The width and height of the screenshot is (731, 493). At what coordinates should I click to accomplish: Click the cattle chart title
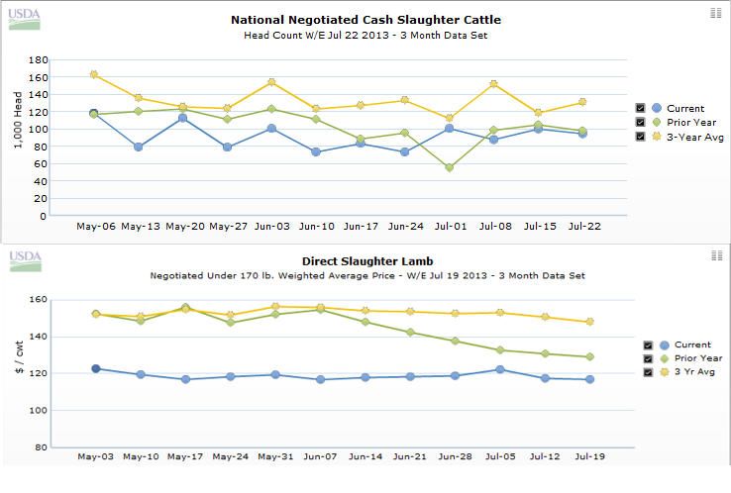click(x=365, y=20)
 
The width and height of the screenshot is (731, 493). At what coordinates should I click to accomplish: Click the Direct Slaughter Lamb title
click(x=366, y=261)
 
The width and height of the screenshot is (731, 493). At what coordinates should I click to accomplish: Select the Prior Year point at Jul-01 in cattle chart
click(x=450, y=167)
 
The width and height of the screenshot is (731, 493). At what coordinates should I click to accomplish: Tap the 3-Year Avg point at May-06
click(x=94, y=74)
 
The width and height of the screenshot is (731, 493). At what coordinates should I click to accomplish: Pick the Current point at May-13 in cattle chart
click(x=138, y=147)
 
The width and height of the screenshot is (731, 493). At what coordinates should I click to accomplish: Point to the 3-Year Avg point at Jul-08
click(x=493, y=84)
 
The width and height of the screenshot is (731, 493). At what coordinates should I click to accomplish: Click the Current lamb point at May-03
click(x=96, y=368)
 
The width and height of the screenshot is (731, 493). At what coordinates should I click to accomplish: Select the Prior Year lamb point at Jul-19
click(x=589, y=356)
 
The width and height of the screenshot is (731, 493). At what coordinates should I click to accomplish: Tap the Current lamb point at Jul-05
click(x=500, y=369)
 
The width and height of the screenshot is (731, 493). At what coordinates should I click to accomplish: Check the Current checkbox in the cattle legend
click(x=641, y=108)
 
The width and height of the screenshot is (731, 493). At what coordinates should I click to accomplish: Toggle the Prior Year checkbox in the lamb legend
click(x=649, y=358)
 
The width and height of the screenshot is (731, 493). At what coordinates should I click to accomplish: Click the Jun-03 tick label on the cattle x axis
click(x=271, y=227)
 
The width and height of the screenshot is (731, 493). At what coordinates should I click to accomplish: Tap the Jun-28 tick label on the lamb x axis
click(x=456, y=457)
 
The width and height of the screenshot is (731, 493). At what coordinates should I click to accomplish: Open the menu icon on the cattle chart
click(x=716, y=12)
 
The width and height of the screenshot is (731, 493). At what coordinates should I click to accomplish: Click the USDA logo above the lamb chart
click(x=26, y=260)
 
